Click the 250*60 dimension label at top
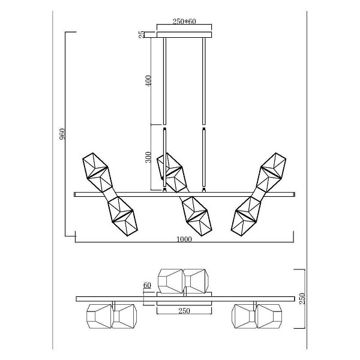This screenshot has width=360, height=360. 184,22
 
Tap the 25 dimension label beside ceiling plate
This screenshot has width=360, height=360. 142,34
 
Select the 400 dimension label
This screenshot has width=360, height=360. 148,80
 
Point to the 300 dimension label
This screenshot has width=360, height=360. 148,157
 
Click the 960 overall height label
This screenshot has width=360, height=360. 62,134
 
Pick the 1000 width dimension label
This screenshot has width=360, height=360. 184,239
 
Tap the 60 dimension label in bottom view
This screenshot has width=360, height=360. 147,285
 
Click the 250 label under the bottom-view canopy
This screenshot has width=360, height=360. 184,311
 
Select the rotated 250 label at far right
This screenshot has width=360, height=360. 302,298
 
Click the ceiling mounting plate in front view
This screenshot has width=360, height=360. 184,35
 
